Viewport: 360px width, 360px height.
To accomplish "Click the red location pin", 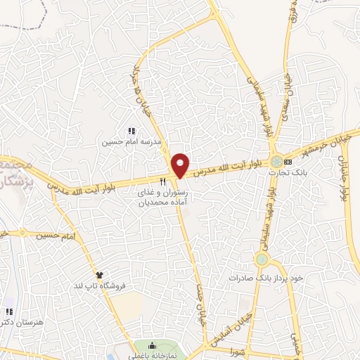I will (x=181, y=165).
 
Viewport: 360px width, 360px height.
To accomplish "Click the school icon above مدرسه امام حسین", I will (x=130, y=131).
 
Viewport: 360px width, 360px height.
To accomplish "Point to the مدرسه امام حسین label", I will (x=132, y=141).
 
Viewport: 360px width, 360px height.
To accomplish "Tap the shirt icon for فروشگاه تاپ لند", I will (x=99, y=276).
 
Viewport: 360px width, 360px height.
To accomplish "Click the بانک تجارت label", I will (x=294, y=172).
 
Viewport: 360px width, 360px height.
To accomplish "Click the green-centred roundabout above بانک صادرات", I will (x=262, y=260).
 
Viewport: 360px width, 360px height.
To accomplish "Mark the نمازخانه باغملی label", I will (x=157, y=356).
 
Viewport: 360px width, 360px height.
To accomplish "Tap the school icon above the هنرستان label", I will (x=8, y=311).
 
